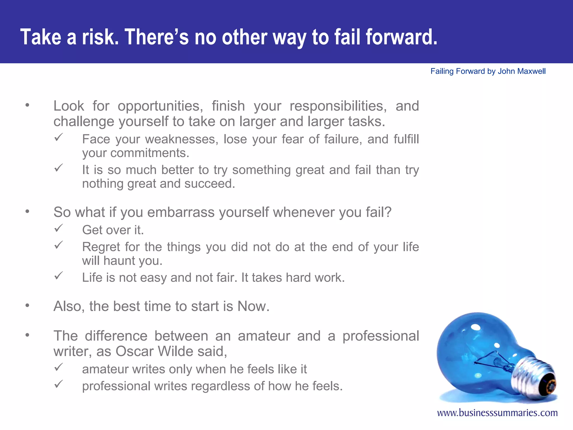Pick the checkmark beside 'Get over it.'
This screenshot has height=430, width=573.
(x=58, y=228)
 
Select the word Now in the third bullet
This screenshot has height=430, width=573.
(x=253, y=306)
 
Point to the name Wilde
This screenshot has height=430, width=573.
(x=175, y=351)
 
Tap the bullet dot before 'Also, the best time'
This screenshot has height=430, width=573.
(x=27, y=305)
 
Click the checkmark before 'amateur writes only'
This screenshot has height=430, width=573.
(x=58, y=367)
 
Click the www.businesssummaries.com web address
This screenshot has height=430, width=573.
(x=497, y=413)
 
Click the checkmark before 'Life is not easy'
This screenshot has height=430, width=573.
(x=58, y=276)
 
